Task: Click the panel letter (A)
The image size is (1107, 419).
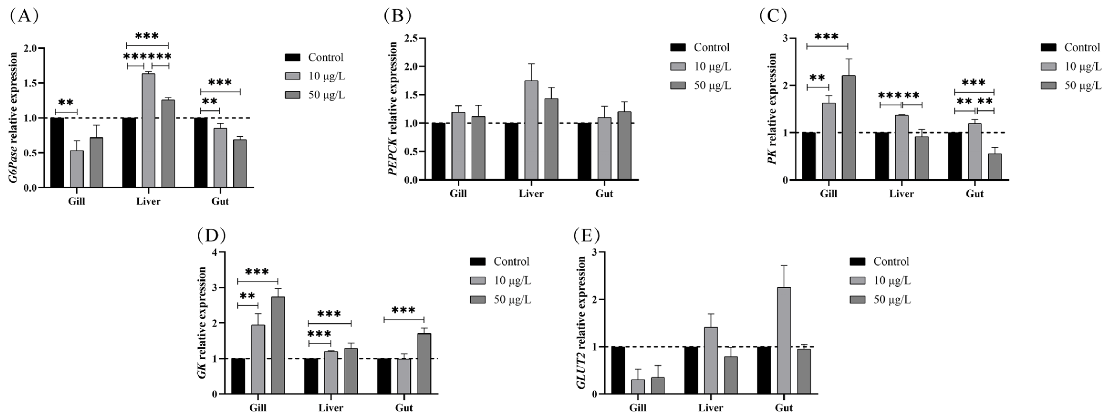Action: [x=24, y=16]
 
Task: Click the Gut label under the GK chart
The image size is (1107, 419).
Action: [x=404, y=407]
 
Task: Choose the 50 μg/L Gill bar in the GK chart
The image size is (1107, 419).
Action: [x=278, y=345]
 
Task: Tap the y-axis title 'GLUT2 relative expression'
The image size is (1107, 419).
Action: [x=581, y=323]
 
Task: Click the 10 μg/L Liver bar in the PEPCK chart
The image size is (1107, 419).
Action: [x=531, y=130]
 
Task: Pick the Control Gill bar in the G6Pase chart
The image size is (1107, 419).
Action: [x=57, y=152]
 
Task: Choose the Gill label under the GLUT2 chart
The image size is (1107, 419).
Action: [x=638, y=407]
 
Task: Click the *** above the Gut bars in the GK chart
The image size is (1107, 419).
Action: [x=403, y=310]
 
